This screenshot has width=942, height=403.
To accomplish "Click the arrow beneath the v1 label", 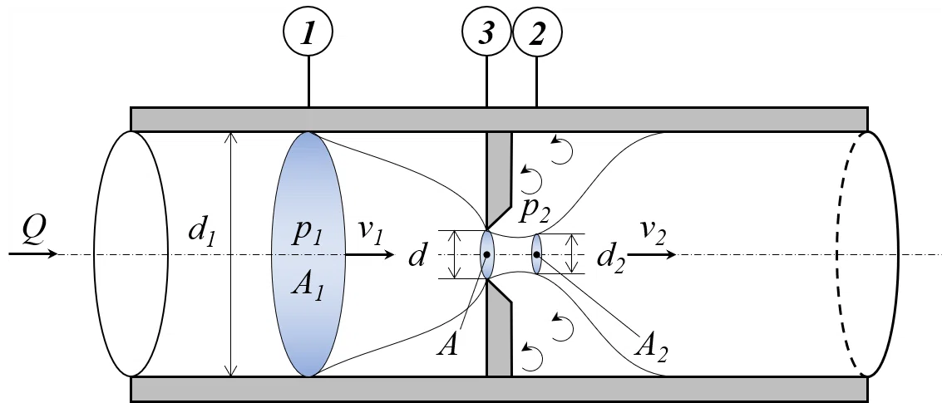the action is (369, 254).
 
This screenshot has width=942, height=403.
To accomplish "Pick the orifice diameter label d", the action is (417, 256).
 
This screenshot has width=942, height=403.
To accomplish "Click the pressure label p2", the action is (534, 209).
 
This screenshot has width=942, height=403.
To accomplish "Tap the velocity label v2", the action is (652, 231).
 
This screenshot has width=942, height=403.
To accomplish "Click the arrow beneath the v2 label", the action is (652, 254).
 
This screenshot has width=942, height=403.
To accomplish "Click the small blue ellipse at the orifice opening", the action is (486, 254).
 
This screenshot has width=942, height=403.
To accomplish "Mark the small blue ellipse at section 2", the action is (536, 254).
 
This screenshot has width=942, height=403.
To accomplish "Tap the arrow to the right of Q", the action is (33, 253).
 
